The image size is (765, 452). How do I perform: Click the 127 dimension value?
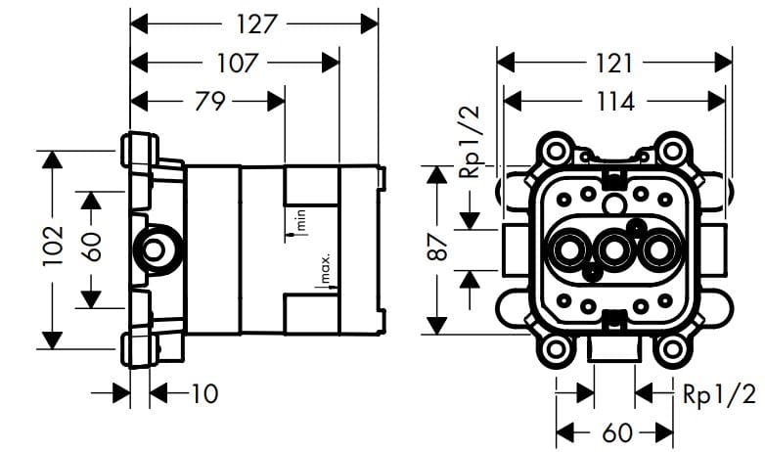256,23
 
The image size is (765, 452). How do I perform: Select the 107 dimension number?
237,64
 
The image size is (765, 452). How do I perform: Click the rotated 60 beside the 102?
91,246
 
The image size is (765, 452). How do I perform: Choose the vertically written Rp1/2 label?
471,141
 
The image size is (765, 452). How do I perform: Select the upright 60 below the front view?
614,431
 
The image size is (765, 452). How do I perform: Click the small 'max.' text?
326,268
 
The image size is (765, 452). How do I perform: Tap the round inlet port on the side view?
155,249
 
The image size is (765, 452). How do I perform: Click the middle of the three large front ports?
614,252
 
